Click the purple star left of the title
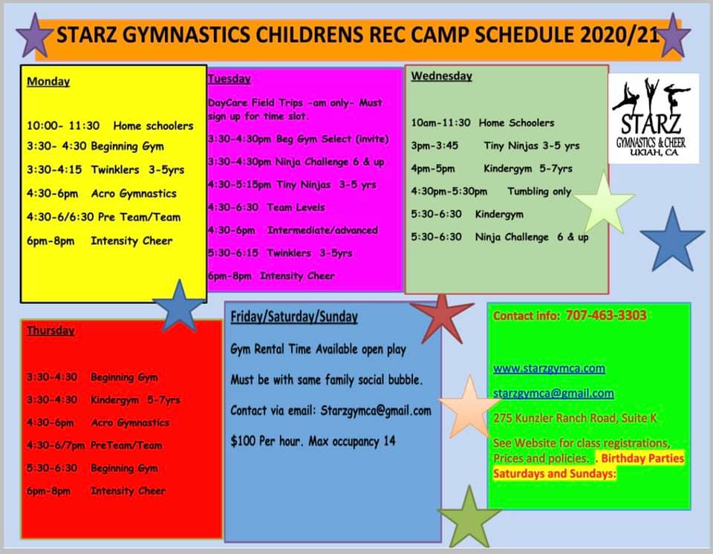(35, 36)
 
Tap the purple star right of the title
(673, 36)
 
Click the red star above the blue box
(442, 318)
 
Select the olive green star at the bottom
(469, 518)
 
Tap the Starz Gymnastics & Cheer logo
(654, 118)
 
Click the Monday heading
(48, 82)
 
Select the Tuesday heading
(229, 79)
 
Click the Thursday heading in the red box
(51, 330)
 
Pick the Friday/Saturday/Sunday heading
(294, 316)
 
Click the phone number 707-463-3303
(606, 315)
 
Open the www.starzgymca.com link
(550, 368)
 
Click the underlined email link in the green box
(554, 393)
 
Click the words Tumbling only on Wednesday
(539, 192)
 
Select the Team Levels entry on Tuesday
(296, 207)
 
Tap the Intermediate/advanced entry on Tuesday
(322, 230)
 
